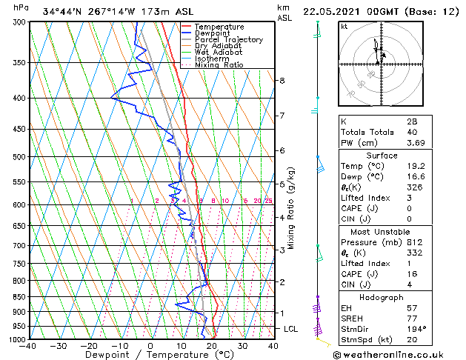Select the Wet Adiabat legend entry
(x=220, y=52)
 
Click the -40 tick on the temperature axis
(x=28, y=346)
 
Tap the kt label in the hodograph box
(x=344, y=26)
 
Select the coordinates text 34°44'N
(x=61, y=12)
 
